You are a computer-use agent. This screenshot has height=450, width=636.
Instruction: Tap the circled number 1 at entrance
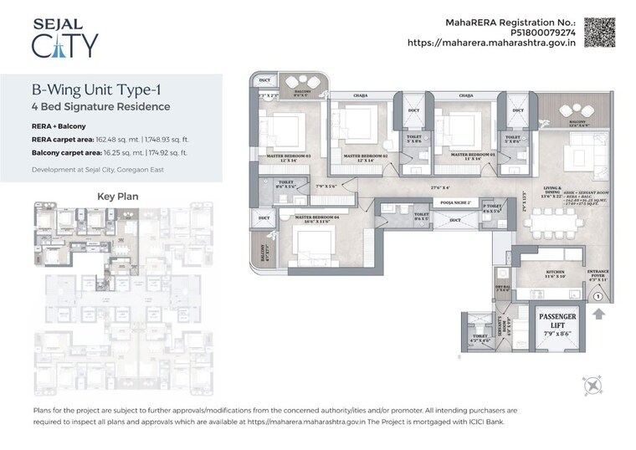[x=598, y=295]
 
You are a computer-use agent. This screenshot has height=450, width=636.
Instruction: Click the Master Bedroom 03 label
[x=289, y=156]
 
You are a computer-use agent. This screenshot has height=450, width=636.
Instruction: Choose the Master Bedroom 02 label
[x=366, y=156]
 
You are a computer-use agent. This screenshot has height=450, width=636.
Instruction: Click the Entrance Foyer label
[x=599, y=274]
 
